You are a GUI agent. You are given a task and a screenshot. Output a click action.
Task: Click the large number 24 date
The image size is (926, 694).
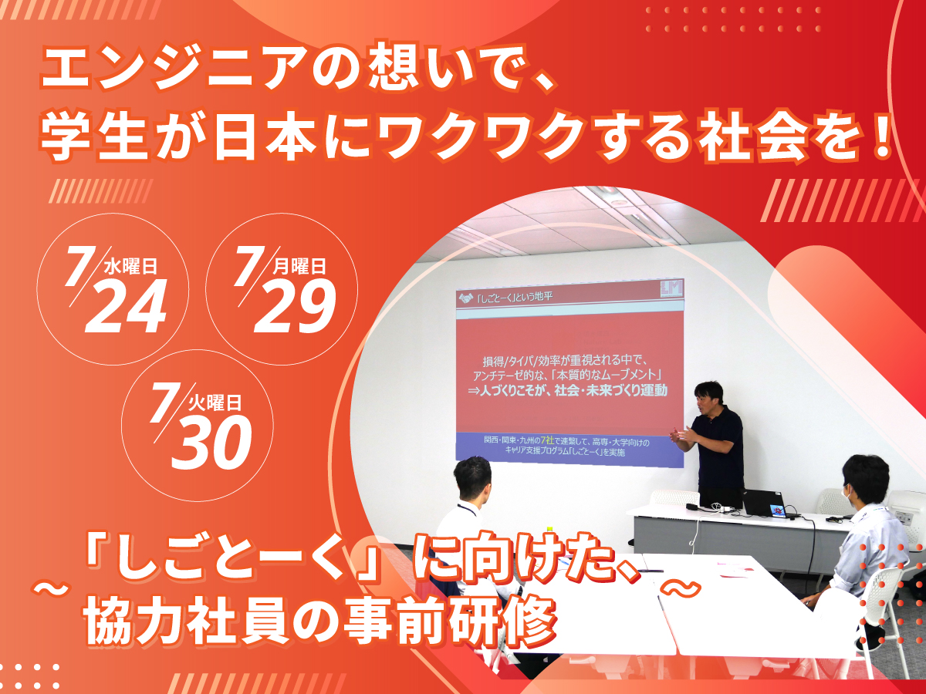coord(125,306)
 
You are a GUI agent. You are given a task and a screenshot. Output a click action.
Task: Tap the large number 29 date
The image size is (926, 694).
coord(295,306)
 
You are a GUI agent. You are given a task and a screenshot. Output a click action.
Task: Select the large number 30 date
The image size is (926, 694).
coord(211,443)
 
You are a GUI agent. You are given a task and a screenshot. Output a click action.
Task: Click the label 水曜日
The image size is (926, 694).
coord(130,267)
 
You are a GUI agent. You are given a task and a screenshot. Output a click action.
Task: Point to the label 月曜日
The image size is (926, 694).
coord(299,267)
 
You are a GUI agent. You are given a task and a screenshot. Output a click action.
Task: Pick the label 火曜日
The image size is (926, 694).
coord(215,403)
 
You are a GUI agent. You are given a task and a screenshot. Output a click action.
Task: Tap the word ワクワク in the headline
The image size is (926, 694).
coord(481,138)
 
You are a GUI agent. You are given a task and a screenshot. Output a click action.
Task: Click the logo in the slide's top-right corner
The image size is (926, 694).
coord(671,289)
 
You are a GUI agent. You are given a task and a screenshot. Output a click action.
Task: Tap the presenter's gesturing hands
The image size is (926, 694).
coord(684,434)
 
